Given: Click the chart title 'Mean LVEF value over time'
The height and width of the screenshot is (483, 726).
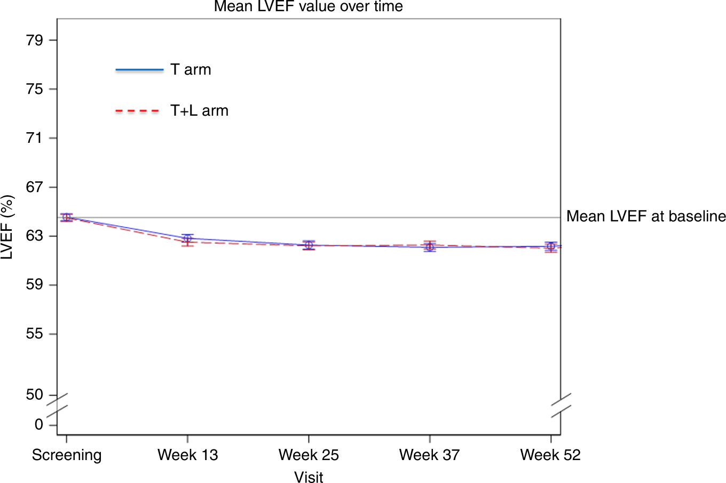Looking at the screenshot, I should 309,7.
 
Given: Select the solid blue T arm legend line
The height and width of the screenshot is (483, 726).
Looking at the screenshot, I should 139,70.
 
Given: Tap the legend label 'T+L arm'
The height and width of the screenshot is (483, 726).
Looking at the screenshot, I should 199,111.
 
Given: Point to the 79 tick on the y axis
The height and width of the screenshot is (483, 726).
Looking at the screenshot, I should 35,40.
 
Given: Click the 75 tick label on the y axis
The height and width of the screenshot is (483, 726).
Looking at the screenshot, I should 35,89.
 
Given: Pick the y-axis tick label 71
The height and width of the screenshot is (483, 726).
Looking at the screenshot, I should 35,138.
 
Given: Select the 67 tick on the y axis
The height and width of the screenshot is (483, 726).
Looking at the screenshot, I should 35,187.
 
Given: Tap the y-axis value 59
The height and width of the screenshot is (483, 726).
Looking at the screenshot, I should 35,285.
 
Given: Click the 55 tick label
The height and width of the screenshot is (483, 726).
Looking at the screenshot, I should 35,334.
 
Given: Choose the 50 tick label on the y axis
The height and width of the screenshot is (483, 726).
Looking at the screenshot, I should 35,395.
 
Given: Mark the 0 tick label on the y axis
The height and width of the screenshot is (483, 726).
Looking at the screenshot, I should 38,425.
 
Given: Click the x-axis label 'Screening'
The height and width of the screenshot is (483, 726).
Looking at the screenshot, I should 67,455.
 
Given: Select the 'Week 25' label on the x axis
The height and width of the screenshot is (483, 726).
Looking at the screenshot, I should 309,455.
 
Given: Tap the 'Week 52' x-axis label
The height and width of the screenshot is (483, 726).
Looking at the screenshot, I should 550,455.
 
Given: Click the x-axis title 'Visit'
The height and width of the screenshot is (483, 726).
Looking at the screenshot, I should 309,477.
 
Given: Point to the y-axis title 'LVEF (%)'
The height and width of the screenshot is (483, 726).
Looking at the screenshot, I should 7,228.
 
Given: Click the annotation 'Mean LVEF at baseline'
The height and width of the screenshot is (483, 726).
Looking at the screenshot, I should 645,216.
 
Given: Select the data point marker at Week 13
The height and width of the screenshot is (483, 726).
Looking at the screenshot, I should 187,240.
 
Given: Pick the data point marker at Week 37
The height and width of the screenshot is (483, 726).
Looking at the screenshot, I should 430,246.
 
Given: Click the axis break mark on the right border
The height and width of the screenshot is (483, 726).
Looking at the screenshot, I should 561,405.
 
